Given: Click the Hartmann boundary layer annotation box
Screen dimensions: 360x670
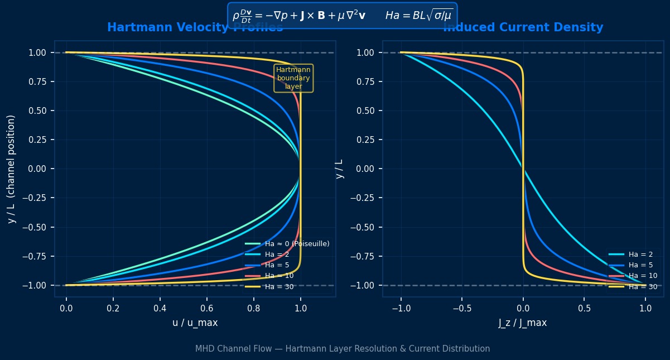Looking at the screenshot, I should pyautogui.click(x=293, y=78).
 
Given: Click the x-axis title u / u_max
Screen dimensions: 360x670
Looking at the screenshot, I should pyautogui.click(x=195, y=323).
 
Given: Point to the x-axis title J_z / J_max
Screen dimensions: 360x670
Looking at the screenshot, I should pyautogui.click(x=523, y=323).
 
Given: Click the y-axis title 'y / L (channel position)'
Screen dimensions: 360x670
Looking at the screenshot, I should pyautogui.click(x=11, y=169).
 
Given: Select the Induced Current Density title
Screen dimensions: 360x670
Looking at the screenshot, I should pyautogui.click(x=523, y=27).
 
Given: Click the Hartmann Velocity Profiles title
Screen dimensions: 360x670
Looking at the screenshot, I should pyautogui.click(x=195, y=28).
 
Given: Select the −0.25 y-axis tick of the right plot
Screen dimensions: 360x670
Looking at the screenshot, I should pyautogui.click(x=365, y=198).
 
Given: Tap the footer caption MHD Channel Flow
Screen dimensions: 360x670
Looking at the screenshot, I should pyautogui.click(x=342, y=349).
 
